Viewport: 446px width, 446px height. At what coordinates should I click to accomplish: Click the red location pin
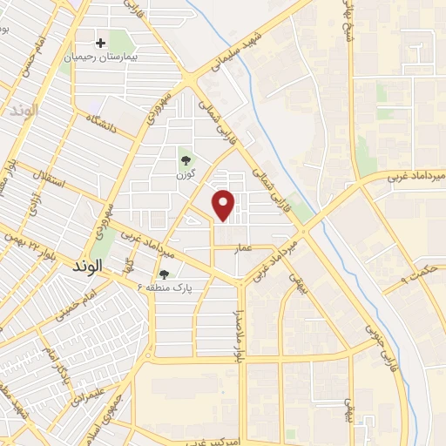[x=225, y=204]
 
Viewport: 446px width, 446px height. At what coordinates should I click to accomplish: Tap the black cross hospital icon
[x=101, y=42]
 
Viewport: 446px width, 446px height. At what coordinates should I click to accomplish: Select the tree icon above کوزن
[x=185, y=159]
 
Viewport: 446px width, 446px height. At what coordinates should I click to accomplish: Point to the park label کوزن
[x=184, y=175]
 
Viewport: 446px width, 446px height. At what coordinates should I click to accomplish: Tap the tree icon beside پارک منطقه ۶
[x=164, y=274]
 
